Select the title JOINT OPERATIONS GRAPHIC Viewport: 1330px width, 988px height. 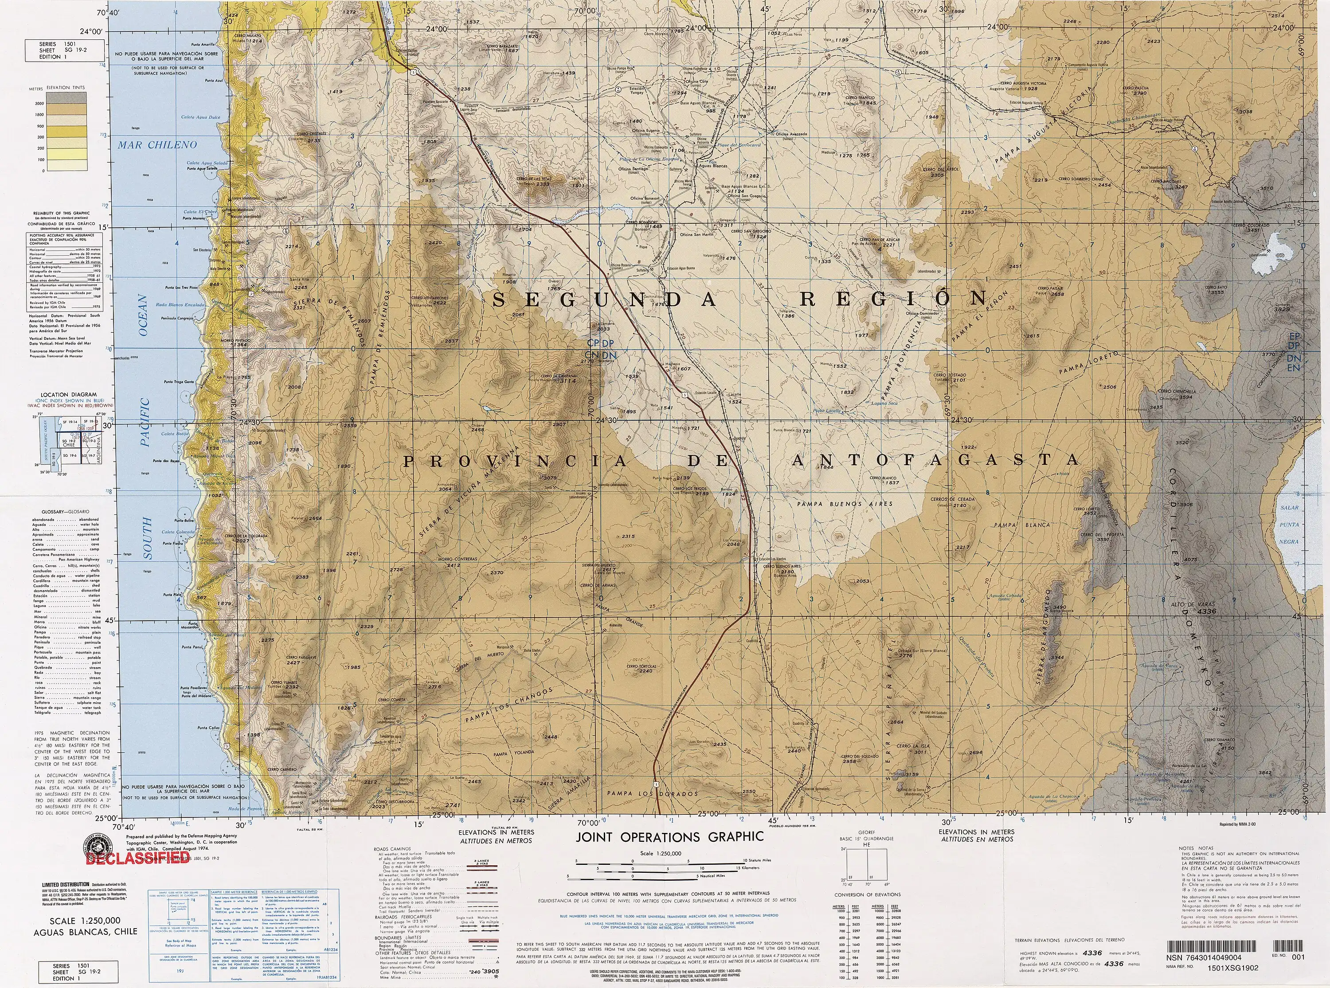(x=669, y=836)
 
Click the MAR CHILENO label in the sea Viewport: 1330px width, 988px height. (x=157, y=145)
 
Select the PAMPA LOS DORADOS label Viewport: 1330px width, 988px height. (x=652, y=794)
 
